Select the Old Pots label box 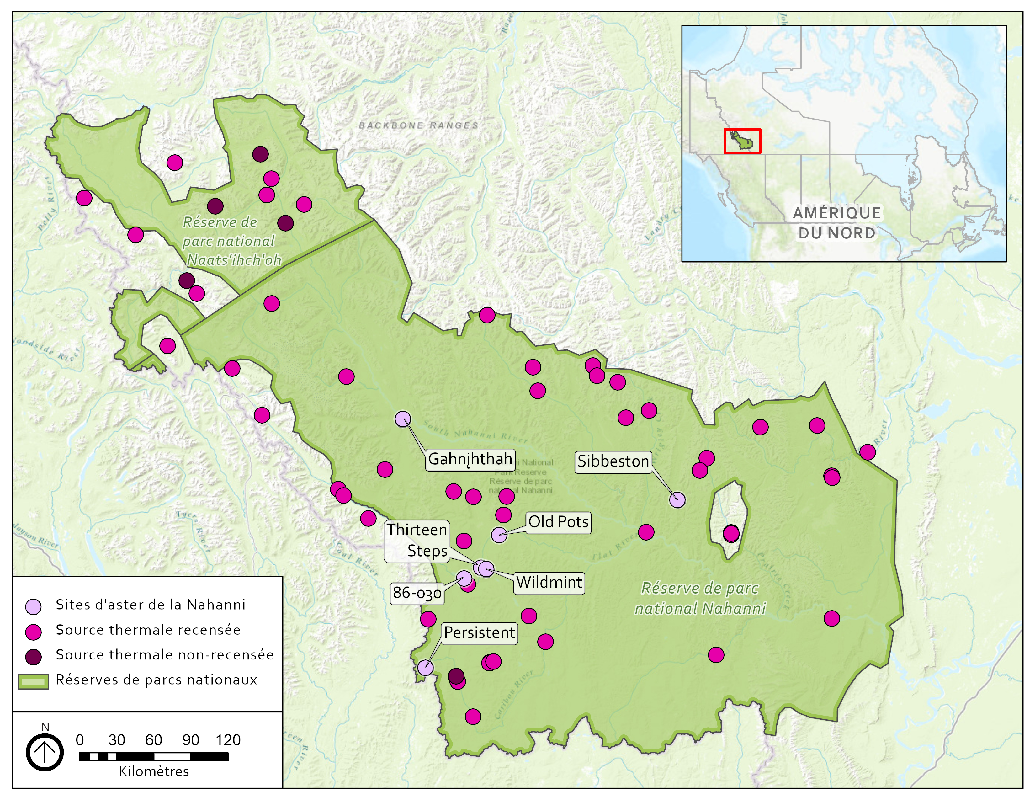pyautogui.click(x=558, y=522)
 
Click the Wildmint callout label pyautogui.click(x=549, y=582)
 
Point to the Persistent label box pyautogui.click(x=479, y=633)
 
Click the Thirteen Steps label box pyautogui.click(x=417, y=540)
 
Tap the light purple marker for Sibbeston pyautogui.click(x=677, y=499)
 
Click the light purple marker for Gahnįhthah pyautogui.click(x=403, y=419)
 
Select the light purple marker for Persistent pyautogui.click(x=425, y=667)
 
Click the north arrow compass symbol pyautogui.click(x=45, y=752)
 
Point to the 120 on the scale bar pyautogui.click(x=228, y=740)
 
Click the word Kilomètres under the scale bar pyautogui.click(x=154, y=771)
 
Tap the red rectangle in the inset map pyautogui.click(x=742, y=141)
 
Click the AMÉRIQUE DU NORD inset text pyautogui.click(x=836, y=223)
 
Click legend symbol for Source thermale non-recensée pyautogui.click(x=34, y=656)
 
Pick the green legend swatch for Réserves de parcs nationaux pyautogui.click(x=33, y=681)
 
